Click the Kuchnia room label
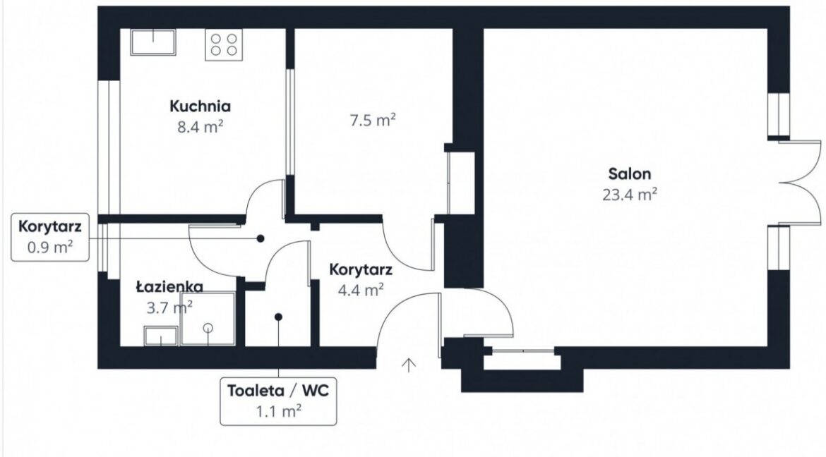tap(200, 106)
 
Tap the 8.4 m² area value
tap(200, 127)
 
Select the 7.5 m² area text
tap(373, 121)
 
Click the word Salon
tap(630, 173)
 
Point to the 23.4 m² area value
tap(630, 195)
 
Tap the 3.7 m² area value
tap(169, 307)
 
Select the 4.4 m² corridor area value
tap(361, 290)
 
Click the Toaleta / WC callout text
tap(278, 391)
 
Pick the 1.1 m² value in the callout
tap(279, 411)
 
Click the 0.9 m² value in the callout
tap(50, 247)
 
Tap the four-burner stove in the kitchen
tap(224, 44)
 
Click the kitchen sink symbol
tap(153, 42)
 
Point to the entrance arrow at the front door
tap(409, 365)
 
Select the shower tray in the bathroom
tap(208, 319)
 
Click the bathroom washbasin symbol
tap(161, 336)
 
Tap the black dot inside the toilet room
tap(279, 317)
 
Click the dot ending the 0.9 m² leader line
tap(261, 238)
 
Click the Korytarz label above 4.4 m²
tap(361, 269)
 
